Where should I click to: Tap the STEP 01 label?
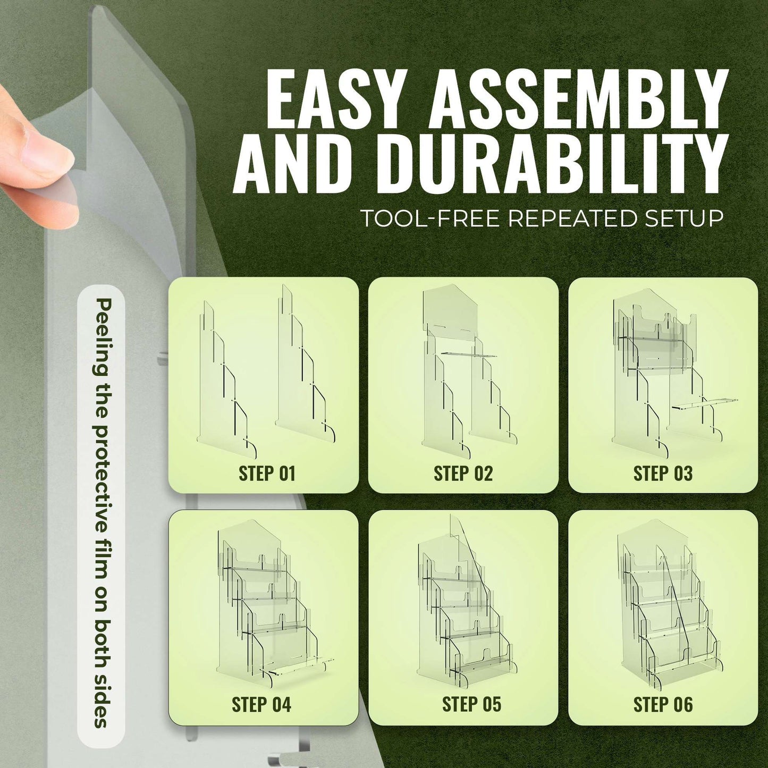(267, 474)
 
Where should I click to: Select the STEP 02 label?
(463, 474)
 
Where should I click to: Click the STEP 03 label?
(663, 474)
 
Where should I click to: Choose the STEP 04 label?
(261, 704)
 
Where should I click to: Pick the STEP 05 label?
(471, 704)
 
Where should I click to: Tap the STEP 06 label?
(663, 704)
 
